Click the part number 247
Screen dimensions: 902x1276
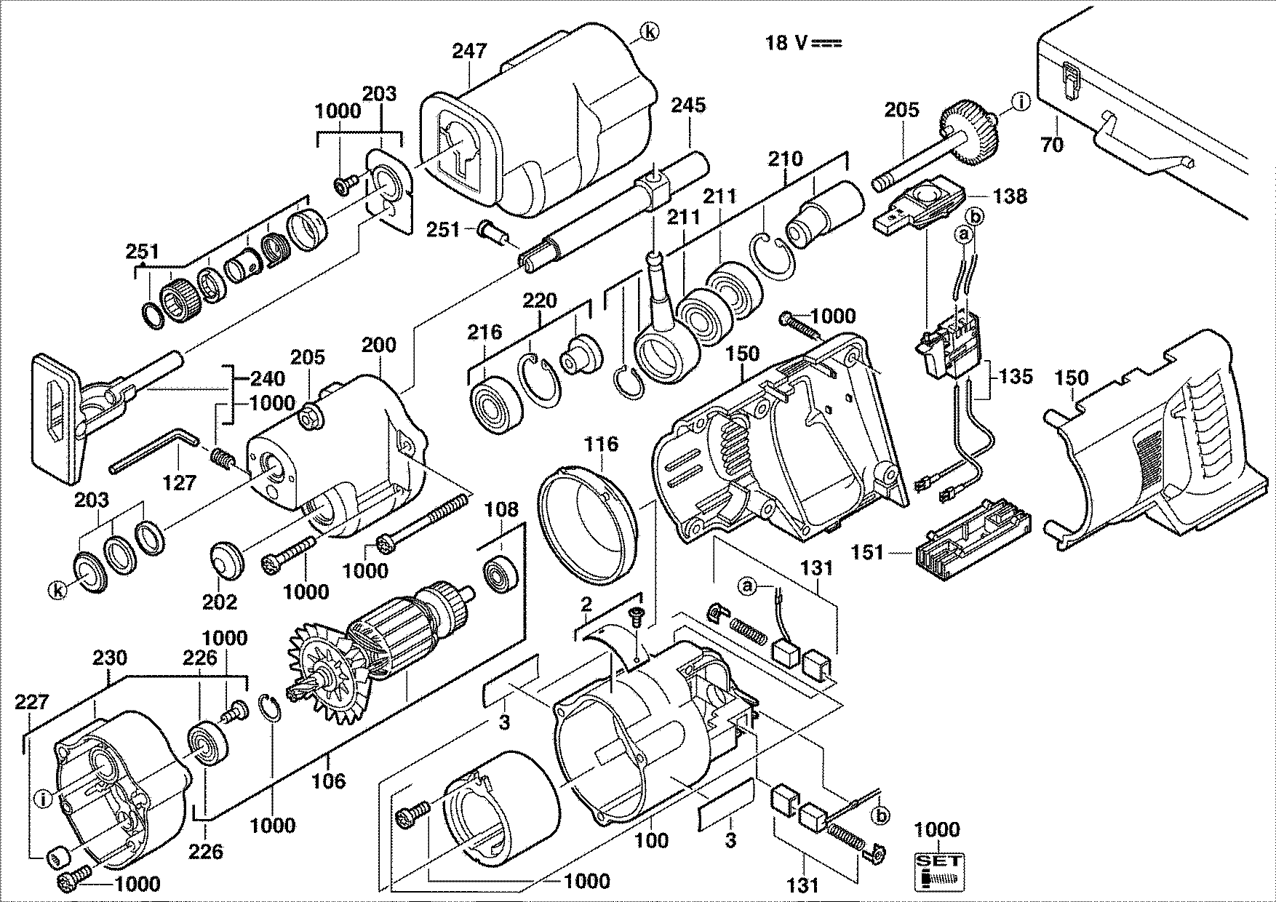469,51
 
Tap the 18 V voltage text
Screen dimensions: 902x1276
802,43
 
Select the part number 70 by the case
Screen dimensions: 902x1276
1052,145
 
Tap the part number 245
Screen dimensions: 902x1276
688,105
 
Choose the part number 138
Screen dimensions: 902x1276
1010,196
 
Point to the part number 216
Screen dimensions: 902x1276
485,332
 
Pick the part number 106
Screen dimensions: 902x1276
329,781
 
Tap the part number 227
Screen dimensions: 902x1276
32,703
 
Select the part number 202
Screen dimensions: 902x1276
220,602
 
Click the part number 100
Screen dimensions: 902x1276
652,841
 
